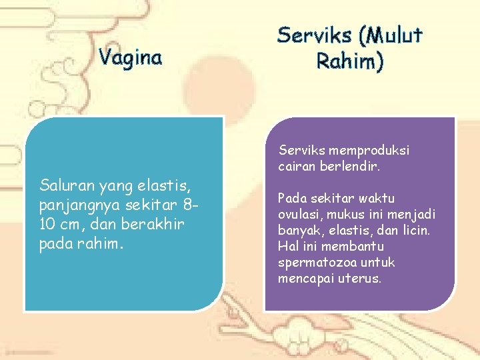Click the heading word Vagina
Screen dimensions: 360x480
[131, 58]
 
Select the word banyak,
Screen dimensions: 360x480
[300, 230]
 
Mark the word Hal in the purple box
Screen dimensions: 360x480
[288, 246]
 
